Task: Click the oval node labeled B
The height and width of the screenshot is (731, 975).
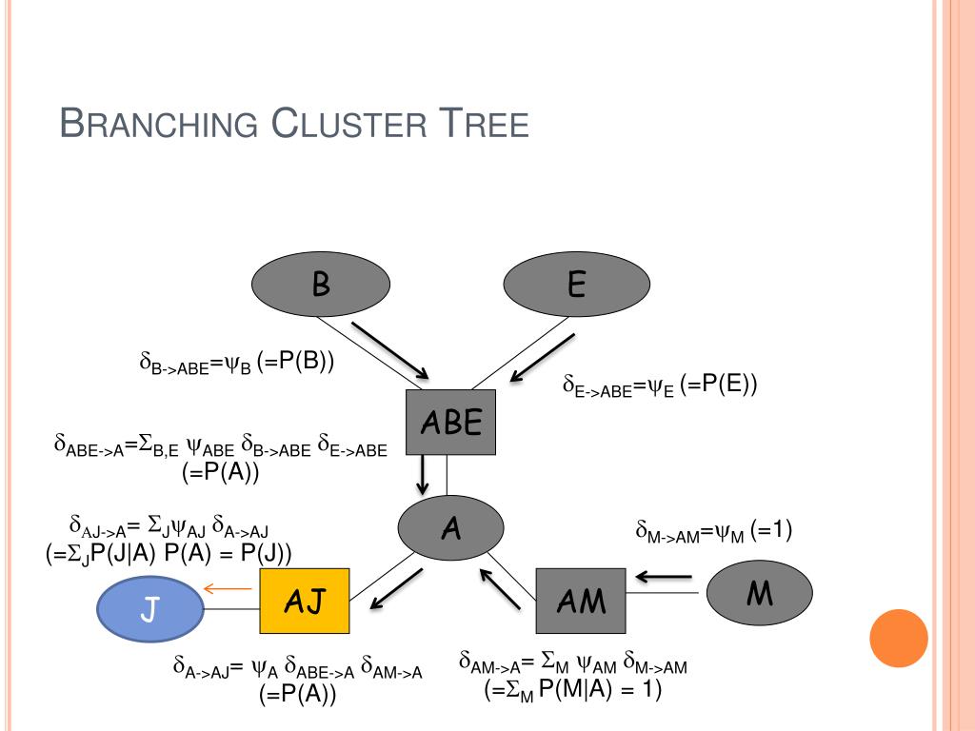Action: point(321,285)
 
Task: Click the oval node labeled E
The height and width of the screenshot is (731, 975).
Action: point(575,285)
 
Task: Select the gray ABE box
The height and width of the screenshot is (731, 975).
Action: point(452,422)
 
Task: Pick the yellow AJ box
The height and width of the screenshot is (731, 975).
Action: point(305,601)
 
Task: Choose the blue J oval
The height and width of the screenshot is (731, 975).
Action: point(149,609)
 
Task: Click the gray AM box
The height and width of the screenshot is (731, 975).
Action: point(581,601)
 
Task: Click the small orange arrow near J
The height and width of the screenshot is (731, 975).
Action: point(228,589)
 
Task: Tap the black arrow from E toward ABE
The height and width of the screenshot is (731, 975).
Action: point(542,358)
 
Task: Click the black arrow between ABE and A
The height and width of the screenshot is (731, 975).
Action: point(422,473)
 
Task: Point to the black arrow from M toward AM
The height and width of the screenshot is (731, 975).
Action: point(665,576)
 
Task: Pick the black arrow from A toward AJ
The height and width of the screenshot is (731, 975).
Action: point(395,589)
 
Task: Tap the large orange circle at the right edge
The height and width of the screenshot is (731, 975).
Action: point(899,638)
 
